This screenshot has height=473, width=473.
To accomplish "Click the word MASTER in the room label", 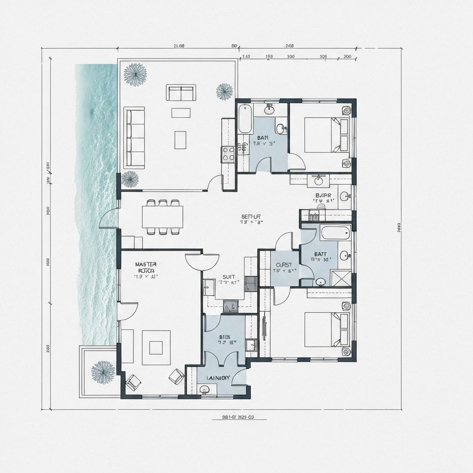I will tap(146, 264).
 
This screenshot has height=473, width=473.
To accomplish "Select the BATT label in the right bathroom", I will tap(320, 254).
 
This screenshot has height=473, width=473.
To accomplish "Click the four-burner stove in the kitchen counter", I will tap(228, 153).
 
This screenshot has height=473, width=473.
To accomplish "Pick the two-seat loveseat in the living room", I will tap(181, 93).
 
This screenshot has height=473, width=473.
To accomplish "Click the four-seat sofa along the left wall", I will tap(135, 137).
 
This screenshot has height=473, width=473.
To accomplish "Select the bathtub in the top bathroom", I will tap(245, 119).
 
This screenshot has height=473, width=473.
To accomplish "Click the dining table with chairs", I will tap(163, 217).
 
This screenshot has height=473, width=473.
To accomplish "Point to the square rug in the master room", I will tap(156, 347).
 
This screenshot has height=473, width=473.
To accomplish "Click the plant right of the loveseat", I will tap(224, 91).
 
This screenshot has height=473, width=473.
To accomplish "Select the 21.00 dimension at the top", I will tap(179, 46).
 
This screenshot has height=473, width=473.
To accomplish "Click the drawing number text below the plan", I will tap(238, 417).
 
